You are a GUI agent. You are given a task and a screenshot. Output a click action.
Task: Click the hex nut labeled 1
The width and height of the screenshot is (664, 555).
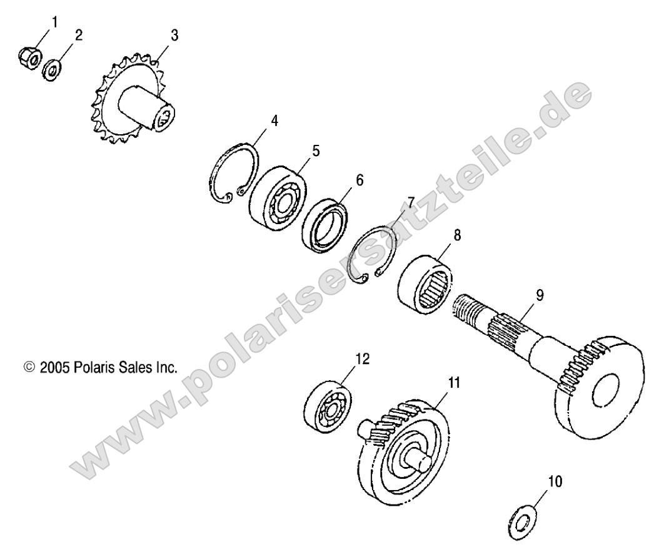point(30,57)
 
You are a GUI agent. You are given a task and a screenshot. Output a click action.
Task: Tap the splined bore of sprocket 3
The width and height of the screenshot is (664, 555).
point(164,117)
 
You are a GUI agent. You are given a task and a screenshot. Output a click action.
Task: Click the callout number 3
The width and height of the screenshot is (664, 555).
point(174,36)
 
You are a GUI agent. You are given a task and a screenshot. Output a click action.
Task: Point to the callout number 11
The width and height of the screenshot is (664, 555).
point(454,383)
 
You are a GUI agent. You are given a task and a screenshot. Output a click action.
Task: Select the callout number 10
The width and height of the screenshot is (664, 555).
point(555,481)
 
